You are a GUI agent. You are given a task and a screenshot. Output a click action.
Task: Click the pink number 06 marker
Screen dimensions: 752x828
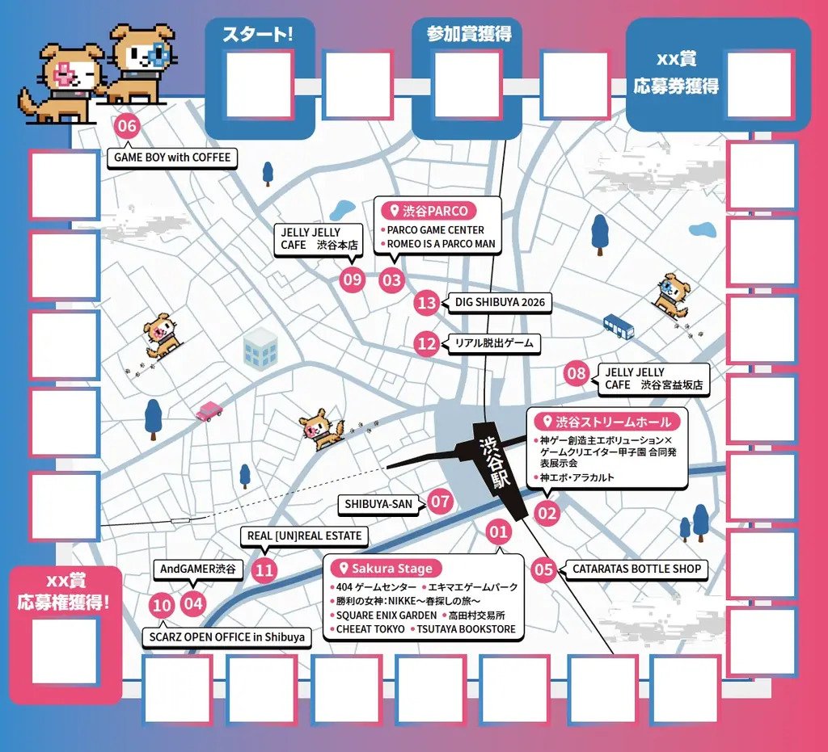tap(127, 126)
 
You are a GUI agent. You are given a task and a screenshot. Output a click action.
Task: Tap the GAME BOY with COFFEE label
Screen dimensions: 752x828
tap(172, 158)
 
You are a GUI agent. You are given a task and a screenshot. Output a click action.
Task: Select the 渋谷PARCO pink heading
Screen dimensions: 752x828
tap(429, 211)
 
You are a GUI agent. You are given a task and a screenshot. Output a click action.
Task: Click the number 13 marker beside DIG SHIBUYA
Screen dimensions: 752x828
tap(427, 303)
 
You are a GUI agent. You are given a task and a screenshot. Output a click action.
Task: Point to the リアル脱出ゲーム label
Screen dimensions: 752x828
tap(493, 343)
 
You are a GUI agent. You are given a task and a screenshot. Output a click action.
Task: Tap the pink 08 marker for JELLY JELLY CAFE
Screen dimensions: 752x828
tap(577, 373)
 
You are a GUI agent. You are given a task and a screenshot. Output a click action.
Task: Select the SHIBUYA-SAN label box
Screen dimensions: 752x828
tap(378, 504)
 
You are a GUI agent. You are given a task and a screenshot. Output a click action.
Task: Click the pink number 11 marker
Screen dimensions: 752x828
tap(264, 570)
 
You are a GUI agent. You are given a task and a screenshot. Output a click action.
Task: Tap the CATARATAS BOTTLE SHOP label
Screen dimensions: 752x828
tap(636, 569)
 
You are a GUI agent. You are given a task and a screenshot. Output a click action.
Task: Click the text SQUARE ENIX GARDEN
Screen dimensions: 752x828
tap(386, 615)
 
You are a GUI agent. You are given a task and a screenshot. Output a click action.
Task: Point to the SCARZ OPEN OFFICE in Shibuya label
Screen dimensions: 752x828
tap(227, 636)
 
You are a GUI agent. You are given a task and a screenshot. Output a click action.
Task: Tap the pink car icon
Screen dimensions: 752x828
tap(209, 411)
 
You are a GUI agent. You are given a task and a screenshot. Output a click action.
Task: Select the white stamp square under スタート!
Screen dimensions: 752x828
tap(259, 84)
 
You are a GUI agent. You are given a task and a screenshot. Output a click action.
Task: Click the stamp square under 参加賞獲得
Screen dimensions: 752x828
tap(467, 84)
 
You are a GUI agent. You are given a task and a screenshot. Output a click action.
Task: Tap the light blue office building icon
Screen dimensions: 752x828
tap(261, 347)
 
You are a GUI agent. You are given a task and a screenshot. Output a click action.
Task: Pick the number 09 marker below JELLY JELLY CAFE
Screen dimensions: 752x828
tap(353, 280)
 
